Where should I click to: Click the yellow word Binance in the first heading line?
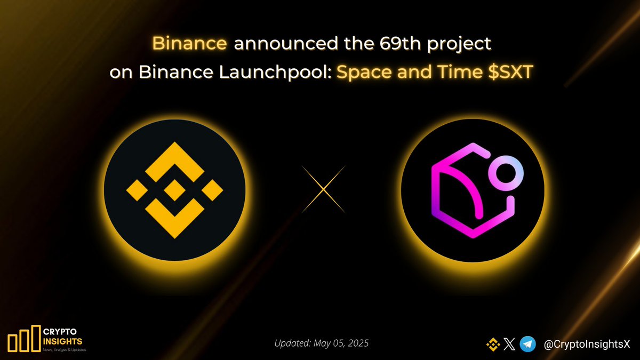(x=190, y=43)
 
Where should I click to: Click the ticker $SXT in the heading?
(x=510, y=72)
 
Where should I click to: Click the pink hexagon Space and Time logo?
(x=469, y=192)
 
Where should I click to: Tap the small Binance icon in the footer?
(x=493, y=345)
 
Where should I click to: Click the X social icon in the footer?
(x=510, y=345)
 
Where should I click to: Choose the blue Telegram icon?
(x=528, y=345)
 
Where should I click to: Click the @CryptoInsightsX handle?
(x=587, y=345)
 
